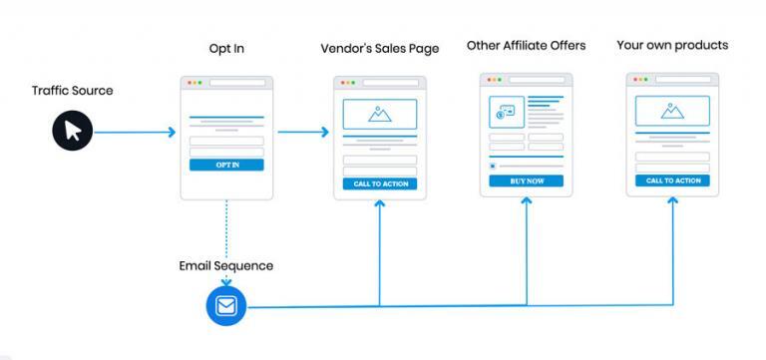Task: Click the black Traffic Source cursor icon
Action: click(72, 130)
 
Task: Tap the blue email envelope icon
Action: click(225, 306)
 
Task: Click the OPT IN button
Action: click(226, 165)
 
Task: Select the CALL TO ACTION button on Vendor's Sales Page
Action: click(380, 183)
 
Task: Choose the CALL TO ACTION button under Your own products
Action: click(673, 180)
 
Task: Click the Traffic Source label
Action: click(72, 91)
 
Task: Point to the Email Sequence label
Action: click(225, 266)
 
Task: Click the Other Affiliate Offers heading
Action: click(526, 46)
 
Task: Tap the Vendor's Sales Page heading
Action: click(379, 49)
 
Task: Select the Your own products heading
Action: click(672, 46)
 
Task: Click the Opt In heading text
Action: click(226, 49)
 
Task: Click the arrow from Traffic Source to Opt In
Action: click(135, 132)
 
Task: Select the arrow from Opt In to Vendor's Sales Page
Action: click(303, 132)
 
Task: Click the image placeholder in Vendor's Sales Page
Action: click(380, 114)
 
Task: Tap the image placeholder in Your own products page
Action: click(673, 111)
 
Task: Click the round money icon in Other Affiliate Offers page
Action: click(502, 113)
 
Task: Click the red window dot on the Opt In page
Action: click(187, 82)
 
